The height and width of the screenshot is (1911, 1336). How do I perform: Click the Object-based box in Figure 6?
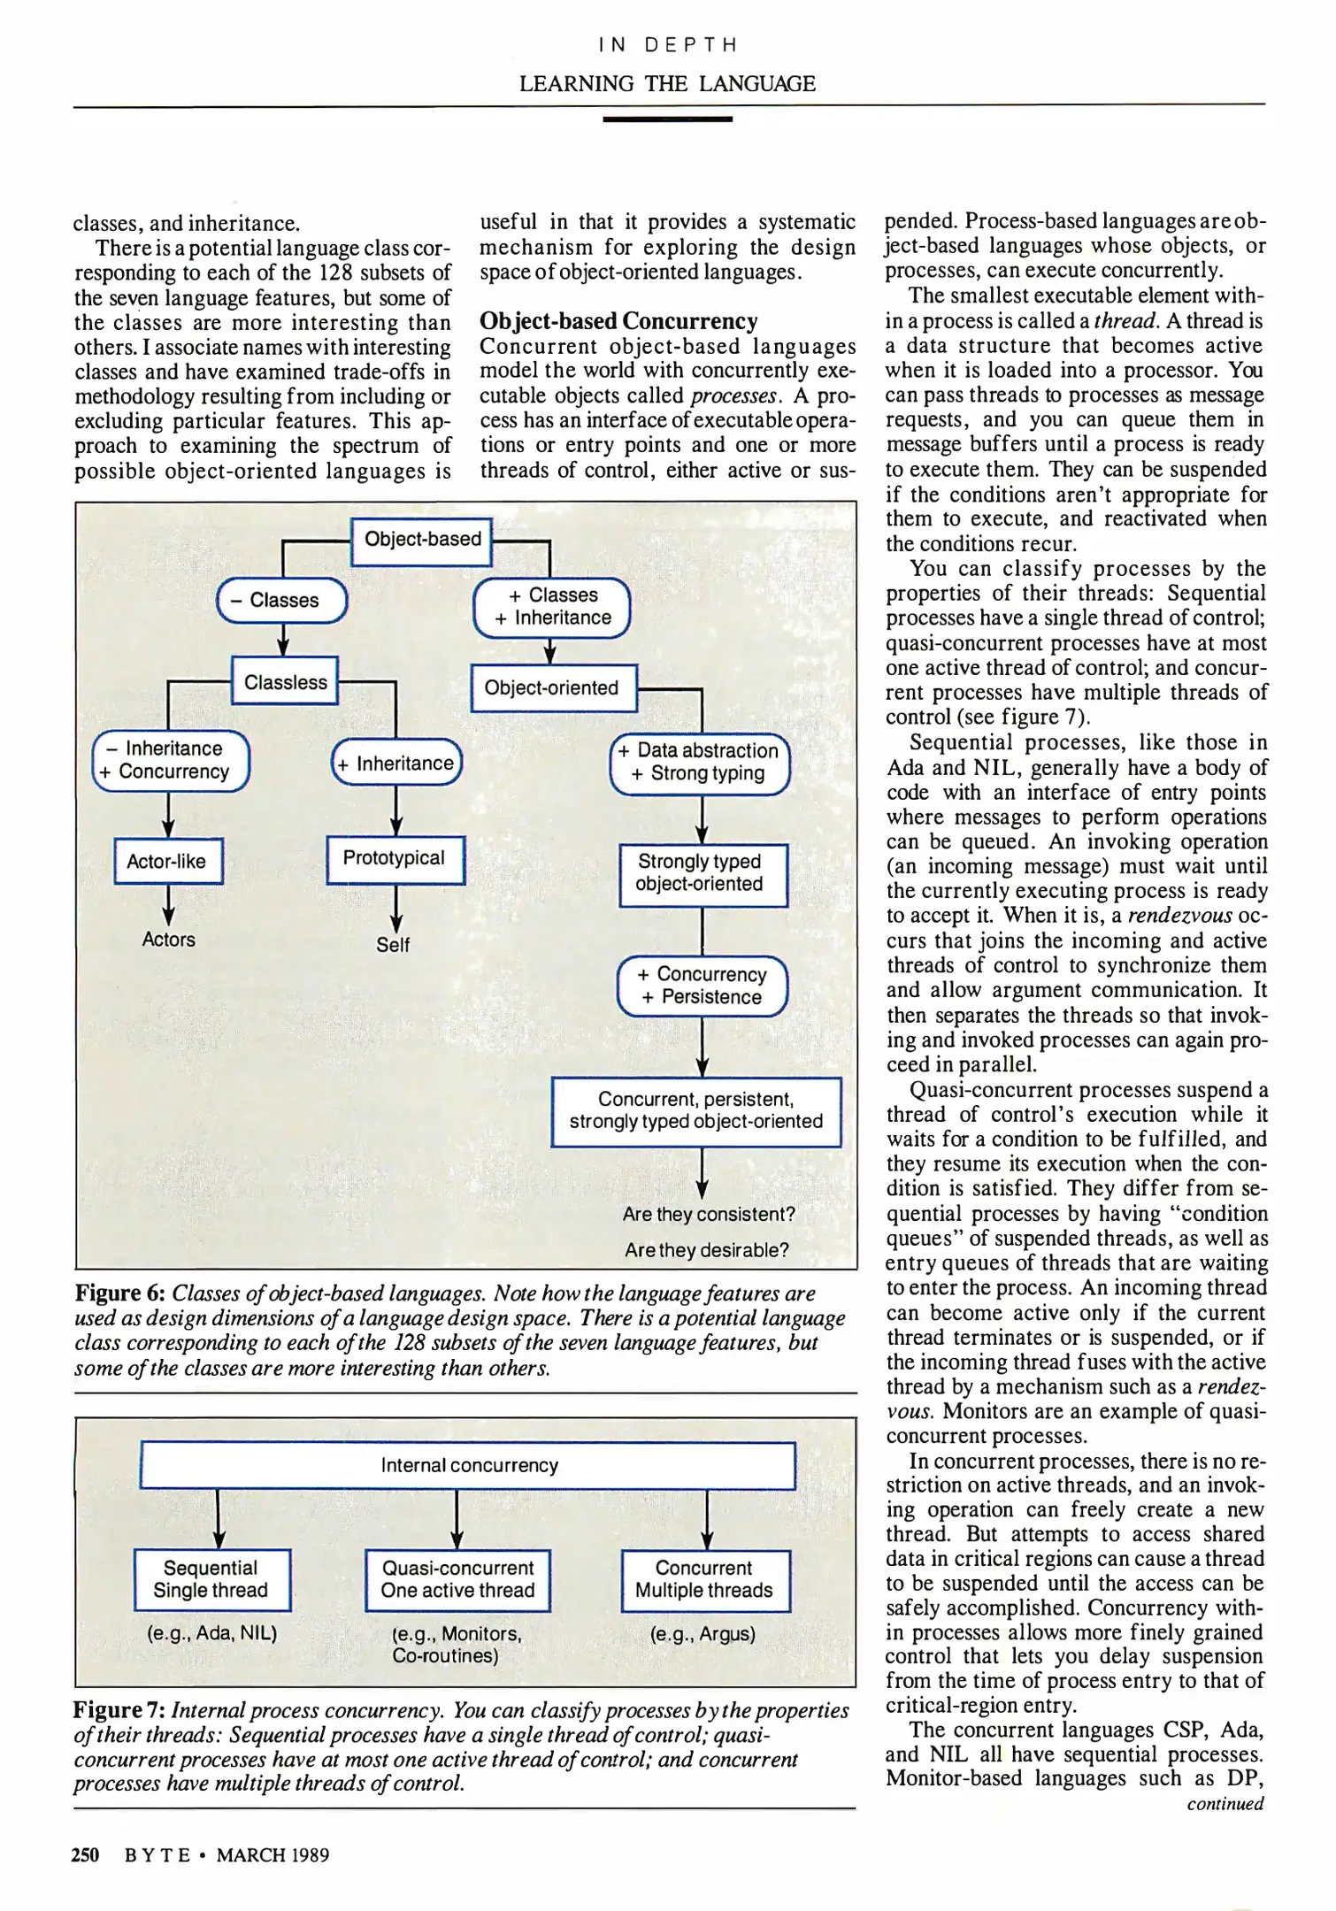[422, 541]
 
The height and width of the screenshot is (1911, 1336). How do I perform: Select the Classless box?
[285, 682]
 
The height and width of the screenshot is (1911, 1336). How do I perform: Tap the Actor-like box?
[167, 862]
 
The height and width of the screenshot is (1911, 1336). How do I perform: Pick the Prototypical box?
[395, 859]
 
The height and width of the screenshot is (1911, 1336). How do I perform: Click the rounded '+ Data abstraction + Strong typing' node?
[700, 763]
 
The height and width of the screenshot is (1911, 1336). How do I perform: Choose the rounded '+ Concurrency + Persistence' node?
[702, 986]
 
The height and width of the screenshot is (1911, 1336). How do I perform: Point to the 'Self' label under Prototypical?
[393, 945]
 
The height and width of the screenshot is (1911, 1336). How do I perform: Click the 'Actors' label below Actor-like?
[168, 940]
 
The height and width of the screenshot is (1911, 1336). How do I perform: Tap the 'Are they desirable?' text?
[706, 1250]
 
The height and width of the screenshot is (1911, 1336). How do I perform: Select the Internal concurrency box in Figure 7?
[468, 1466]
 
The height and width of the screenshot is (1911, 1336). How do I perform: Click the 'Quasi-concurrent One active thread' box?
[457, 1579]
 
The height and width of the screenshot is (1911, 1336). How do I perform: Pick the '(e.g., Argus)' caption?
[703, 1634]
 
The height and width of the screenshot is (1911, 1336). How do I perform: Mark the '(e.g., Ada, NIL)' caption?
[212, 1633]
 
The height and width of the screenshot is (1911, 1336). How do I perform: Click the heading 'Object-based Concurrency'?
[618, 320]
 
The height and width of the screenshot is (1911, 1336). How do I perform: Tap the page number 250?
[85, 1854]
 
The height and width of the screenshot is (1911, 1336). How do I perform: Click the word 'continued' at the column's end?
[1225, 1803]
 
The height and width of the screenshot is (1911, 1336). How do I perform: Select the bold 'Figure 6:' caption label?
[120, 1293]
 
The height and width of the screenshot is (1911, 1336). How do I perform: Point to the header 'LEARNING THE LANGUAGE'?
[667, 84]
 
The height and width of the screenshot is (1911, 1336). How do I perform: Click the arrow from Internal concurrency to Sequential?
[219, 1517]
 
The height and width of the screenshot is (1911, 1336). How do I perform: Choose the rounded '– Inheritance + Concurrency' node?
[171, 761]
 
